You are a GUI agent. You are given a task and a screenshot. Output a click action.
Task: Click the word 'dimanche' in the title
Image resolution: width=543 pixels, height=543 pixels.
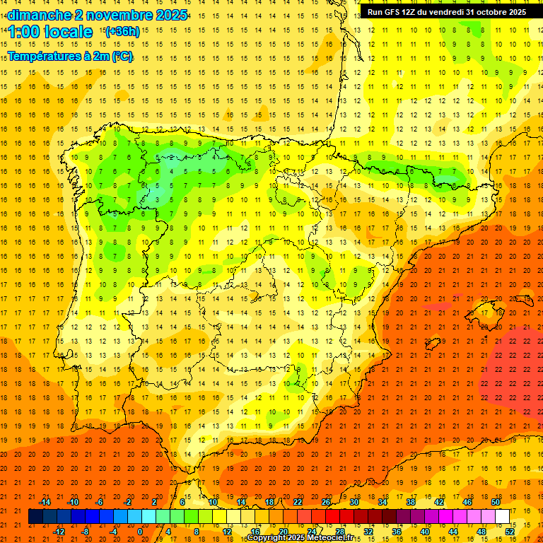pos(39,15)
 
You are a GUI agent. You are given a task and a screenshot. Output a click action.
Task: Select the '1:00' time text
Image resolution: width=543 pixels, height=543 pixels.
pos(24,32)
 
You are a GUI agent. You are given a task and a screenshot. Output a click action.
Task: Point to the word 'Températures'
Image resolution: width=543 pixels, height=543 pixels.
pos(45,57)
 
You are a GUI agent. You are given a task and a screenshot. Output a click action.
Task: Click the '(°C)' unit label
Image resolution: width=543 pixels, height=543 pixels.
pos(122,57)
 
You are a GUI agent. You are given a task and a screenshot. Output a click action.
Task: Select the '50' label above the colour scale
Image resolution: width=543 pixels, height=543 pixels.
pos(496,502)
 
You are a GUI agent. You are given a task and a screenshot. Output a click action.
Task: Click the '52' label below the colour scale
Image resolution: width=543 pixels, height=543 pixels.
pos(510,532)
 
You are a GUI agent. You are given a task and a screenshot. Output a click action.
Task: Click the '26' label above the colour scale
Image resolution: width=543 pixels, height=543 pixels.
pos(326,502)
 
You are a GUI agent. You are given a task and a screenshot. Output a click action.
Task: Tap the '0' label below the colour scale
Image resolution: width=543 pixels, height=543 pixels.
pos(140,532)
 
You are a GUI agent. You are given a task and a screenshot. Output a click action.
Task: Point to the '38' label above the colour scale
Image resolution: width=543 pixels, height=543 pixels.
pos(411,502)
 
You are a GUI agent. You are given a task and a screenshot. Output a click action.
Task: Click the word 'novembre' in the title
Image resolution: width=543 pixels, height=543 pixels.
pos(114,15)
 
